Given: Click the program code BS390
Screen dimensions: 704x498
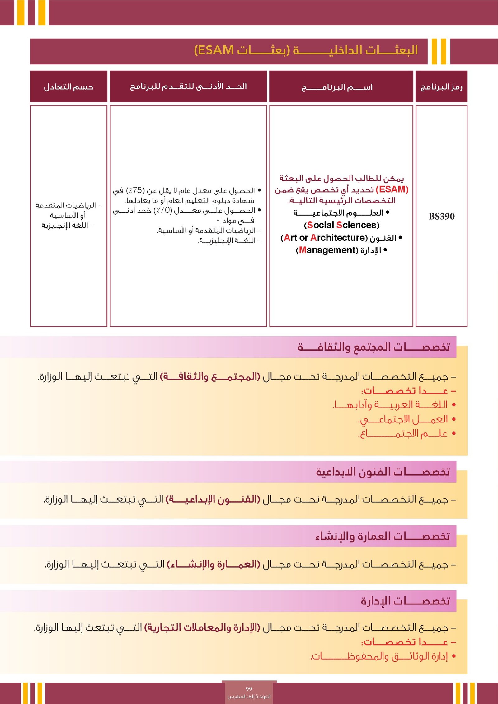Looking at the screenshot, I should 441,216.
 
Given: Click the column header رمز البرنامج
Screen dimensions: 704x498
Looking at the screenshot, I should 441,87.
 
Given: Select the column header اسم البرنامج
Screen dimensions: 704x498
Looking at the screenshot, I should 337,87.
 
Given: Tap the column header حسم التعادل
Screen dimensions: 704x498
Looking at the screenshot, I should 68,87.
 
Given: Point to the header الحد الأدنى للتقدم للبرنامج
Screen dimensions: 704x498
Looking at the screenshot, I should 188,86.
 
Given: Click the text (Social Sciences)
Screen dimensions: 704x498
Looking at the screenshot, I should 341,225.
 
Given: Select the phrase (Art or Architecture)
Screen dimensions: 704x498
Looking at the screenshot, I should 324,238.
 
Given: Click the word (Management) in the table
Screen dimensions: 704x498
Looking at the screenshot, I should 327,250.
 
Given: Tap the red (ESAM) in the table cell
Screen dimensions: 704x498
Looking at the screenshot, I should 392,189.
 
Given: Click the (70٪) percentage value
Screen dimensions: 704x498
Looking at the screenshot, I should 163,210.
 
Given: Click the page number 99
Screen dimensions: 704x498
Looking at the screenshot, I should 249,688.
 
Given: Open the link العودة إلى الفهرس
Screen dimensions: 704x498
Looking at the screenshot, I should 249,696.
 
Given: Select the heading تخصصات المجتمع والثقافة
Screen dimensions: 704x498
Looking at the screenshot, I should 374,347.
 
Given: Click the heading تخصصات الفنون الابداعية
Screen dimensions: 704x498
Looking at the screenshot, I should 383,472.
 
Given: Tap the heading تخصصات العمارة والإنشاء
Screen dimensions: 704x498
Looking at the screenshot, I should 383,536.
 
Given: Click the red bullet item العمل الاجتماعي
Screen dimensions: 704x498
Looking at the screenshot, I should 403,419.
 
